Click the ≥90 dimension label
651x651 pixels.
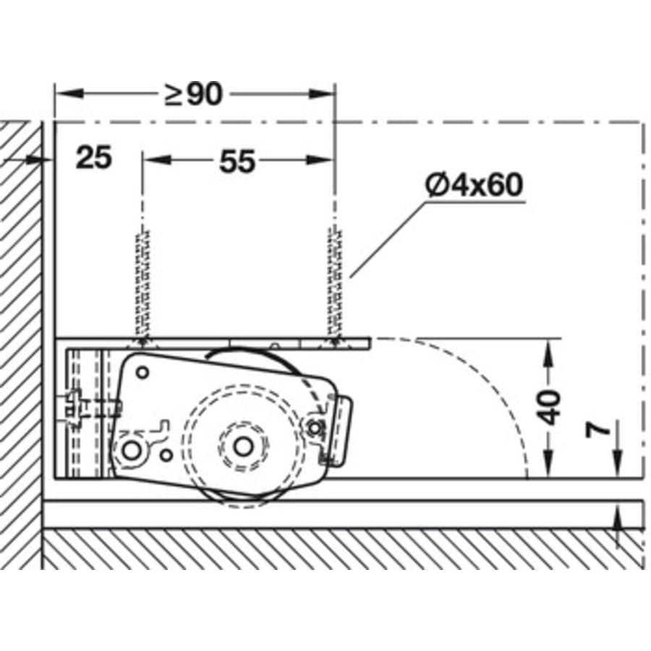[x=194, y=94]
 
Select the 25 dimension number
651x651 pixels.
[x=94, y=158]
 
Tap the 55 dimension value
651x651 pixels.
[x=237, y=161]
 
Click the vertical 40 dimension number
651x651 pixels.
[x=551, y=407]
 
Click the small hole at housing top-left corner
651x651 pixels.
[x=142, y=373]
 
